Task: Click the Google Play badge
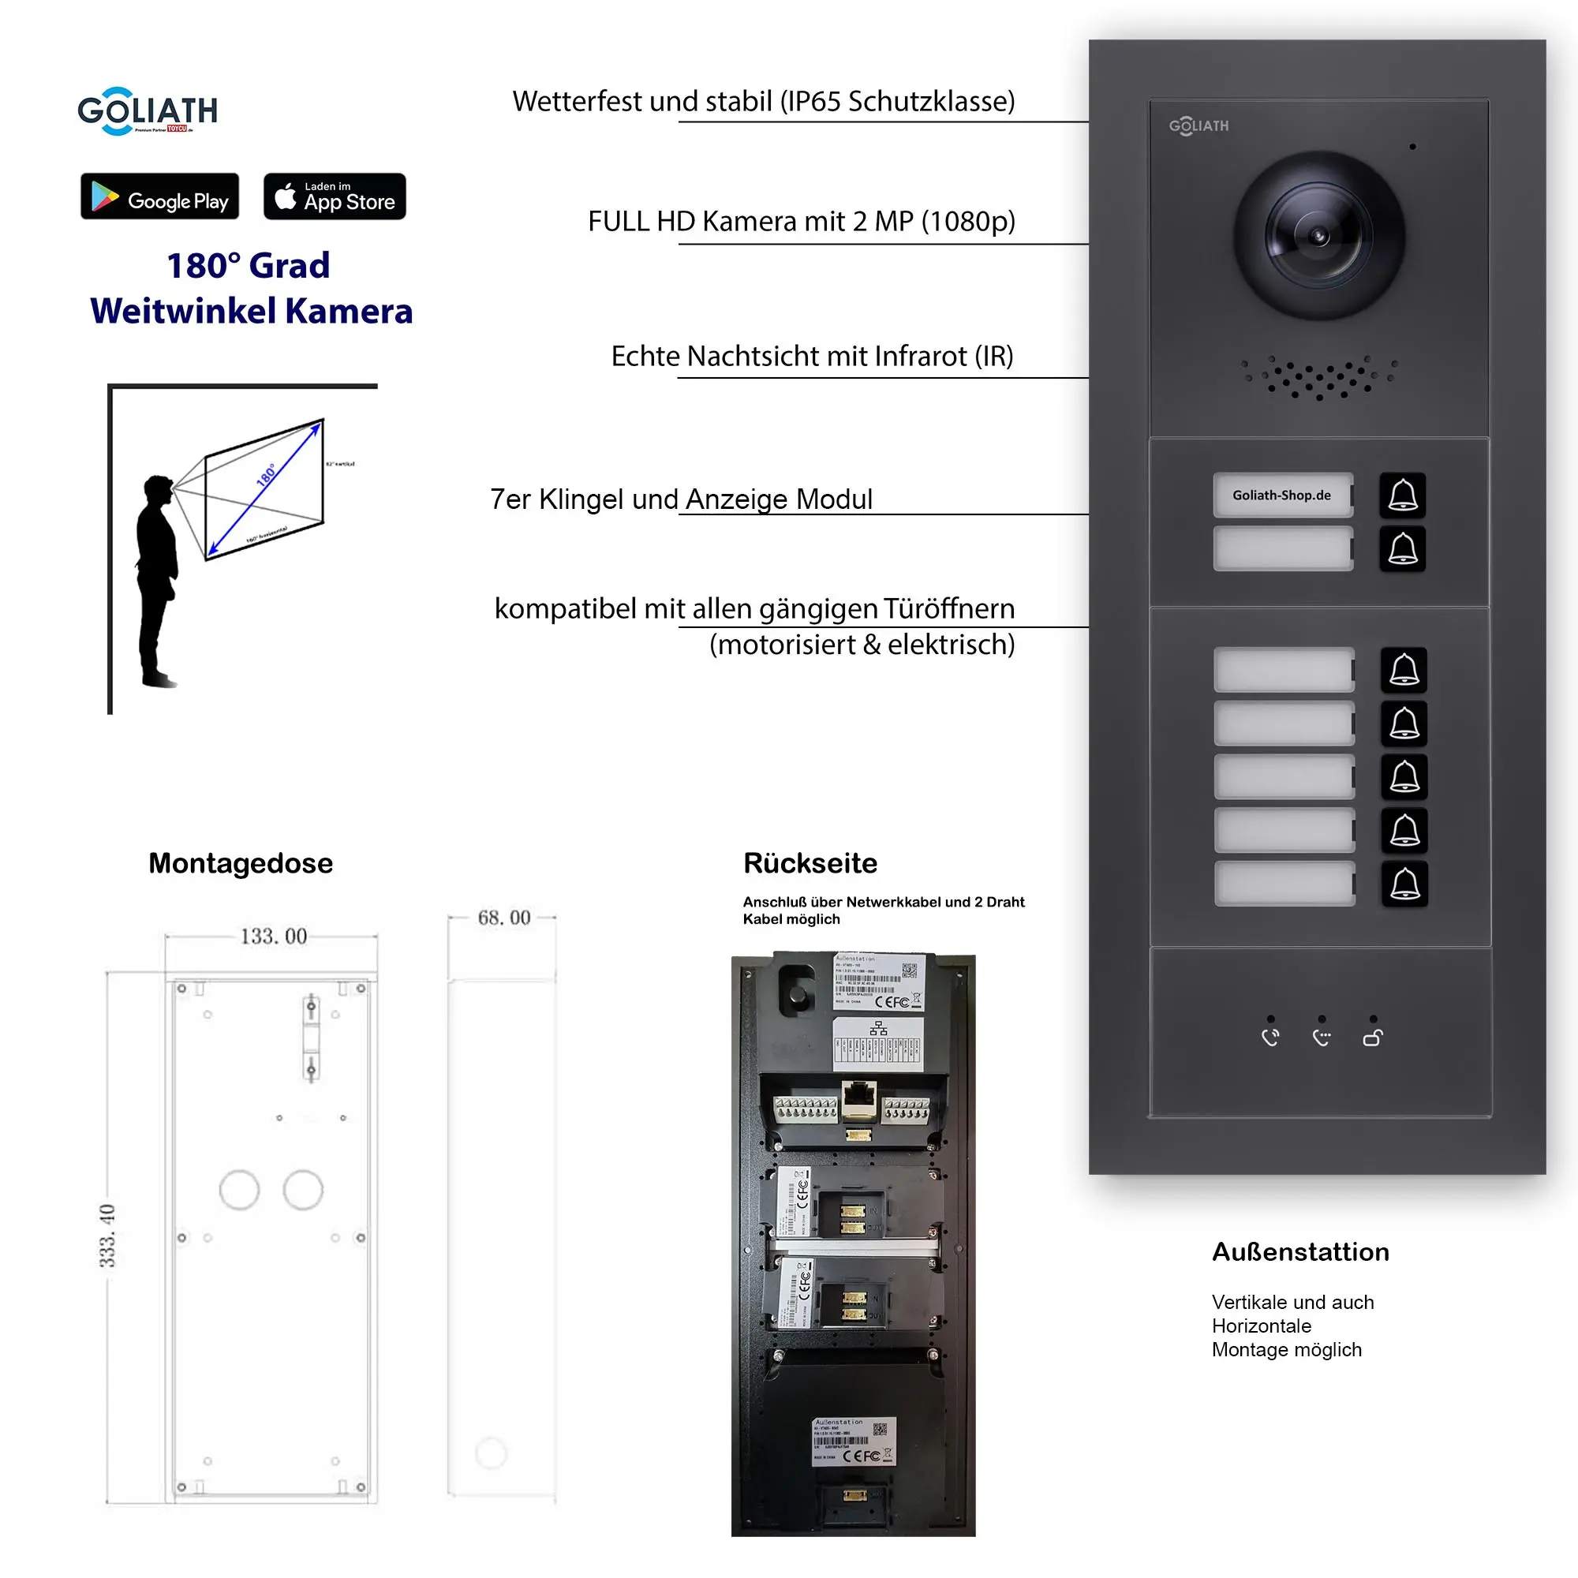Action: (159, 196)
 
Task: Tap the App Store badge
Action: (334, 196)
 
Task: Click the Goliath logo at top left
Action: (147, 111)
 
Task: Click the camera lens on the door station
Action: (1318, 236)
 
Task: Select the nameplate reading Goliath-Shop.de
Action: (1282, 495)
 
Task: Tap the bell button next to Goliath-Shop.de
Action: (1402, 495)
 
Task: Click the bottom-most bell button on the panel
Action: (1404, 884)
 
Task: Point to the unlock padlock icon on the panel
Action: (1372, 1038)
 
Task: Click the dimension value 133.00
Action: (274, 936)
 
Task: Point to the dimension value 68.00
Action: (504, 918)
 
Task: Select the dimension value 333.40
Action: (107, 1235)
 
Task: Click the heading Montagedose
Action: (240, 863)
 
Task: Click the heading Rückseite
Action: (810, 863)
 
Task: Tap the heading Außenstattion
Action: (1300, 1252)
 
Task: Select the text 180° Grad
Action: (249, 265)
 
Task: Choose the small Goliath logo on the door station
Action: (1198, 125)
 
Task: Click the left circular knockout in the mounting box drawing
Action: (239, 1190)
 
